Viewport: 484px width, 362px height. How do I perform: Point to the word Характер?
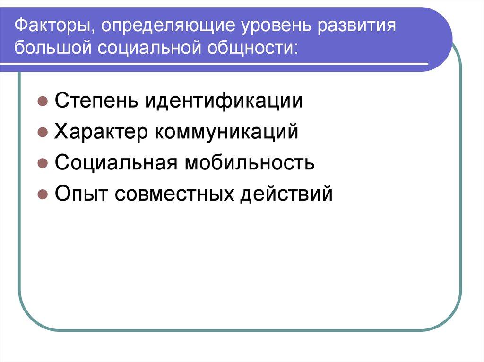pos(100,132)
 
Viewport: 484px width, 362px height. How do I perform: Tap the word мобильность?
pos(250,162)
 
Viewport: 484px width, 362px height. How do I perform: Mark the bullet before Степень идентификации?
pos(42,101)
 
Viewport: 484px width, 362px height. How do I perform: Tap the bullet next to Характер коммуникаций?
pos(42,133)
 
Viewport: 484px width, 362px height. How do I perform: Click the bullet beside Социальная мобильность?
pos(42,163)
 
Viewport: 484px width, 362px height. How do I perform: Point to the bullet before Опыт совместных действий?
pos(42,194)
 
